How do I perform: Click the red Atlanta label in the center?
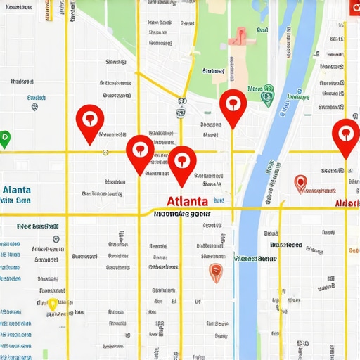(x=183, y=201)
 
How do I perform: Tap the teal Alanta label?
(x=16, y=190)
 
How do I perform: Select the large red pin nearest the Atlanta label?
(x=182, y=162)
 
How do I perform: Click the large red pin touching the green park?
(x=233, y=105)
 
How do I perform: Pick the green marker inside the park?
(x=266, y=96)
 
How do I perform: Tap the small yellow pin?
(x=52, y=304)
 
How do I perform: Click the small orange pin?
(x=216, y=273)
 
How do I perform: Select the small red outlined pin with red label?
(x=301, y=184)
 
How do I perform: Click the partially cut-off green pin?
(x=4, y=139)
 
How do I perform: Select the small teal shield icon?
(x=34, y=108)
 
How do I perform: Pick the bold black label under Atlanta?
(x=181, y=213)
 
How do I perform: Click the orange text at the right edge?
(x=353, y=250)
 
